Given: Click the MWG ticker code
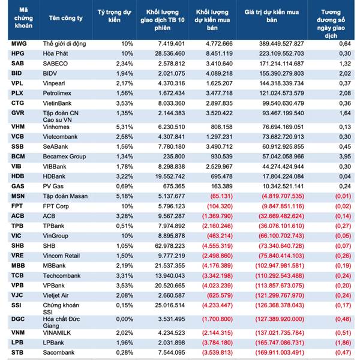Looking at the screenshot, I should pos(19,44).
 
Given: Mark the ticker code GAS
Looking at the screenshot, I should pos(18,187).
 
